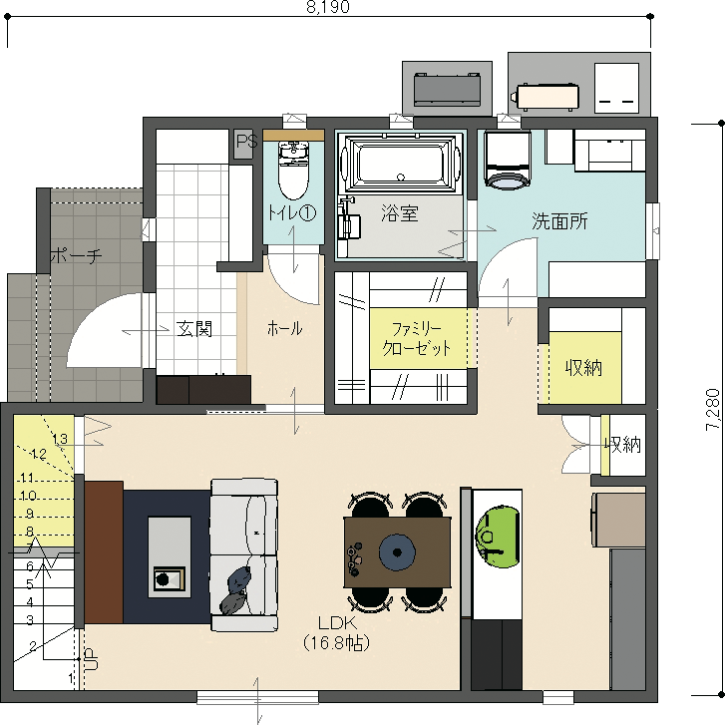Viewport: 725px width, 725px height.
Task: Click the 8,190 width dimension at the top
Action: click(328, 7)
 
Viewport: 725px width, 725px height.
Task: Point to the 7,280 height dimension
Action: click(712, 410)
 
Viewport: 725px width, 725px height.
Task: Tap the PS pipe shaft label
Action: click(246, 141)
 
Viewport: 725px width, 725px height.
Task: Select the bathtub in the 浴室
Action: click(401, 163)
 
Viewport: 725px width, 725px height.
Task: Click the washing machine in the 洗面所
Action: click(508, 160)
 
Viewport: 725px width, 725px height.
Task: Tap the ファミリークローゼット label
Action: click(417, 339)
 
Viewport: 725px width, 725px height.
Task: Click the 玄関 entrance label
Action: click(194, 329)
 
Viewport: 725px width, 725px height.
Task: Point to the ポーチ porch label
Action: click(76, 255)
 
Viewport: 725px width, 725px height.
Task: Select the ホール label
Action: click(285, 329)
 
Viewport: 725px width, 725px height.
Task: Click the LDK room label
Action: click(337, 623)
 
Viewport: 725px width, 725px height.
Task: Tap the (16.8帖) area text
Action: click(337, 643)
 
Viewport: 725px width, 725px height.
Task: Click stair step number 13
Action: click(61, 439)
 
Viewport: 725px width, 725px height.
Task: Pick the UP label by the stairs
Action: click(92, 659)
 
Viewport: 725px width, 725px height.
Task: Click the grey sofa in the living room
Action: click(244, 555)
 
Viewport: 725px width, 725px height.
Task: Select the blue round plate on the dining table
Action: click(397, 552)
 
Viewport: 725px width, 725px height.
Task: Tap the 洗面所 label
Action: click(559, 221)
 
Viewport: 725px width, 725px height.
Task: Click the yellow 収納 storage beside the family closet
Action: click(585, 368)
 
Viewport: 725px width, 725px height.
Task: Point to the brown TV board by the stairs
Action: click(104, 552)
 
